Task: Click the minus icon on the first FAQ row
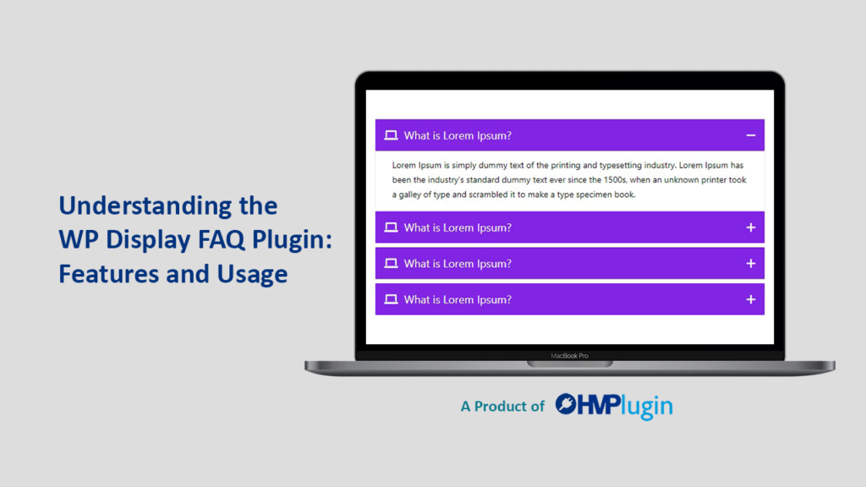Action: (x=750, y=135)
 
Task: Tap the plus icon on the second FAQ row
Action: (x=750, y=227)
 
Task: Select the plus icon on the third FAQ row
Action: (x=750, y=264)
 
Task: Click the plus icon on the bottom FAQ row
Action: (x=750, y=299)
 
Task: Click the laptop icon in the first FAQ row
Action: (x=391, y=135)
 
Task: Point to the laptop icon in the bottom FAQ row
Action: (x=391, y=299)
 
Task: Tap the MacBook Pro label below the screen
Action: (x=569, y=356)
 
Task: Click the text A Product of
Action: (x=502, y=407)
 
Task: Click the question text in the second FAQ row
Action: (x=458, y=227)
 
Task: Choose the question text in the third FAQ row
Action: (x=458, y=264)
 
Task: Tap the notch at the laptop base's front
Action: (x=569, y=364)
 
